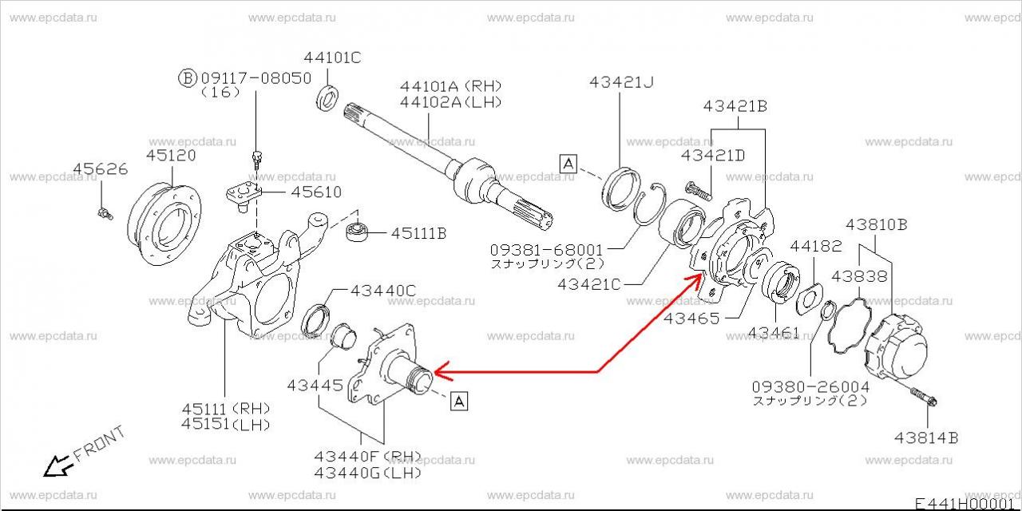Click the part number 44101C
(x=333, y=57)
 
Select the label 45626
(x=101, y=169)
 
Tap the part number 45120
(x=171, y=156)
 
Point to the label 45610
(x=315, y=192)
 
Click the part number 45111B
(x=418, y=233)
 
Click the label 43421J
(x=621, y=81)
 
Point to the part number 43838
(x=859, y=276)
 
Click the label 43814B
(x=926, y=437)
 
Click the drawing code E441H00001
(x=966, y=503)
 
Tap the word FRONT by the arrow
(x=99, y=445)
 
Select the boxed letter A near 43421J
(x=568, y=164)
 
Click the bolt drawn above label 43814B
(x=925, y=397)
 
